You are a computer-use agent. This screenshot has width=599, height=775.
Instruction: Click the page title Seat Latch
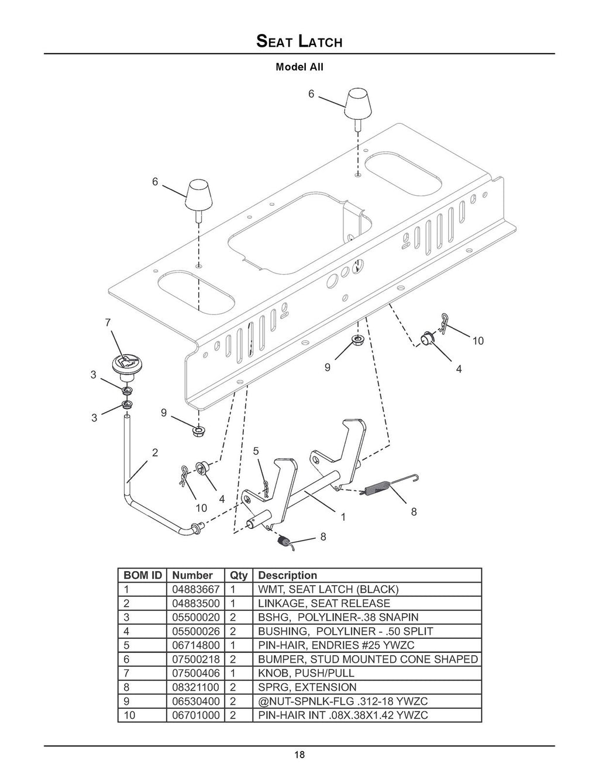tap(299, 42)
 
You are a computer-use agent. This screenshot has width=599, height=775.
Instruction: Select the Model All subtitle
tap(299, 67)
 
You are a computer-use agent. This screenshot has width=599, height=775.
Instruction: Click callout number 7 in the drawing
tap(108, 322)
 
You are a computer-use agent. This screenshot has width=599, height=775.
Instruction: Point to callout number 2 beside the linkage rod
tap(155, 452)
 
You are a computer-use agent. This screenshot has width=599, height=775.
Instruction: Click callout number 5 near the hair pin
tap(256, 451)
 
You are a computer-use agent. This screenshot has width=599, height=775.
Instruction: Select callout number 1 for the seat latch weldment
tap(343, 517)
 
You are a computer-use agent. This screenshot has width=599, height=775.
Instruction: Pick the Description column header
tap(287, 575)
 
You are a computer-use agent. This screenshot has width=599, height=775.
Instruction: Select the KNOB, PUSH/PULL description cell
tap(306, 673)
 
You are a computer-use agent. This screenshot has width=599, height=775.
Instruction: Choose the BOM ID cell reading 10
tap(129, 715)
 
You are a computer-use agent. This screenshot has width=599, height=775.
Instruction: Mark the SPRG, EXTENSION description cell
tap(307, 687)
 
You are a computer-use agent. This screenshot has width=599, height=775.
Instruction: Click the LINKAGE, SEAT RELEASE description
tap(323, 603)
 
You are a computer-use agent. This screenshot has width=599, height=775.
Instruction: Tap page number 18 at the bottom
tap(299, 755)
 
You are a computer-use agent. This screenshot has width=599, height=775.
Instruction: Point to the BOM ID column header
tap(142, 575)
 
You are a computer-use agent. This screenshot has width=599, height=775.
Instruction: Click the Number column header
tap(192, 575)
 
